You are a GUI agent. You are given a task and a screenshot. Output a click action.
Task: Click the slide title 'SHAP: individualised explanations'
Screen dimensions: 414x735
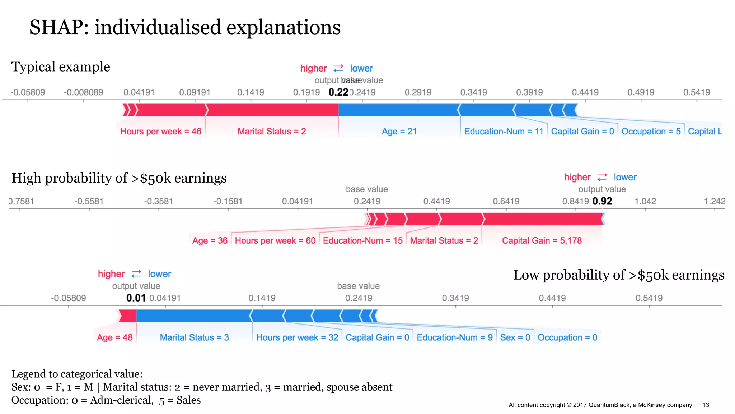[x=185, y=27]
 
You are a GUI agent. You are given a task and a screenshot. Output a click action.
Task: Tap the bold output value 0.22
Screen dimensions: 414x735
[x=338, y=92]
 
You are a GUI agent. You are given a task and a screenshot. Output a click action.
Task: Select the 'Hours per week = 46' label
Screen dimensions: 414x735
[x=161, y=132]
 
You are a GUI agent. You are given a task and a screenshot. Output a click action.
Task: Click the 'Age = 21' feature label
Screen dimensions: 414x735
[x=399, y=132]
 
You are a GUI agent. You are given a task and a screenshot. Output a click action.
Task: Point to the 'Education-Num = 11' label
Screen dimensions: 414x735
[x=504, y=132]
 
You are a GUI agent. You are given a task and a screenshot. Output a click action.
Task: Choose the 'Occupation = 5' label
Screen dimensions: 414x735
[x=651, y=132]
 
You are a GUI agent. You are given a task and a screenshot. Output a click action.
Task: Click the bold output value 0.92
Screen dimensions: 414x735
[x=602, y=201]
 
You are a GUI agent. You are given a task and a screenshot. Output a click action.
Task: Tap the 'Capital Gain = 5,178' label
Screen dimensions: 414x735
[x=542, y=241]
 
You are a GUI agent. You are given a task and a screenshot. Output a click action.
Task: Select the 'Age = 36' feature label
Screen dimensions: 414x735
[x=210, y=241]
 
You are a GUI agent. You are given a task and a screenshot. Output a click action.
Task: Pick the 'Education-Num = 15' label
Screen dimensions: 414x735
[x=362, y=241]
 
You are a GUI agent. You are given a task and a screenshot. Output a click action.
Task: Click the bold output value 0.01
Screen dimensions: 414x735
[x=136, y=298]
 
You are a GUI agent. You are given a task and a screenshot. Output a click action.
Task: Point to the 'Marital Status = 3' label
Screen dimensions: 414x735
[x=194, y=337]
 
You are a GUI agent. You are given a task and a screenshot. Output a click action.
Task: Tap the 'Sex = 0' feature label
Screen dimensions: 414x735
[x=515, y=337]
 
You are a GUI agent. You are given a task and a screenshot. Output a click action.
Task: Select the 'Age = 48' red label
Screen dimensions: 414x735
[x=114, y=337]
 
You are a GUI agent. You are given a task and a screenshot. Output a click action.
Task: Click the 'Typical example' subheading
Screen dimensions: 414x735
[x=61, y=67]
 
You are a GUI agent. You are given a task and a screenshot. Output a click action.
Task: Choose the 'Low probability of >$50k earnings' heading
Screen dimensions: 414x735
[x=618, y=275]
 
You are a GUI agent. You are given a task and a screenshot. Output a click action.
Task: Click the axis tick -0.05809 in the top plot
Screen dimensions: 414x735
[x=28, y=92]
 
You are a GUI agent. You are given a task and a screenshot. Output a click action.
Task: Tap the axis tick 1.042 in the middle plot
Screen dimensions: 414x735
[x=645, y=201]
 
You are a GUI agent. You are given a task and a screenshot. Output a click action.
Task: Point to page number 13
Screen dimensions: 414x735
[x=706, y=405]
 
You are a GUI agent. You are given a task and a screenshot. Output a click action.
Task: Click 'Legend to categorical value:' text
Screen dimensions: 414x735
[x=77, y=374]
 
